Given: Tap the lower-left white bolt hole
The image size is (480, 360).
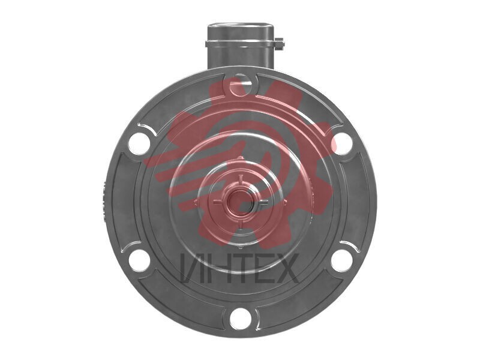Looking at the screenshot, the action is [139, 260].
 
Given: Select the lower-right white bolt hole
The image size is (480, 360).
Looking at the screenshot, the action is [342, 260].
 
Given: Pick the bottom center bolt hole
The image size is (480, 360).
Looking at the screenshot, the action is [241, 319].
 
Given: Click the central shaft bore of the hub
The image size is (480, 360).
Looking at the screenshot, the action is [241, 202].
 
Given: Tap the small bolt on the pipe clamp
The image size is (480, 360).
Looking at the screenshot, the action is [280, 43].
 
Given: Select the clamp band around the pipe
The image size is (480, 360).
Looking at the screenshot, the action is [241, 44].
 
